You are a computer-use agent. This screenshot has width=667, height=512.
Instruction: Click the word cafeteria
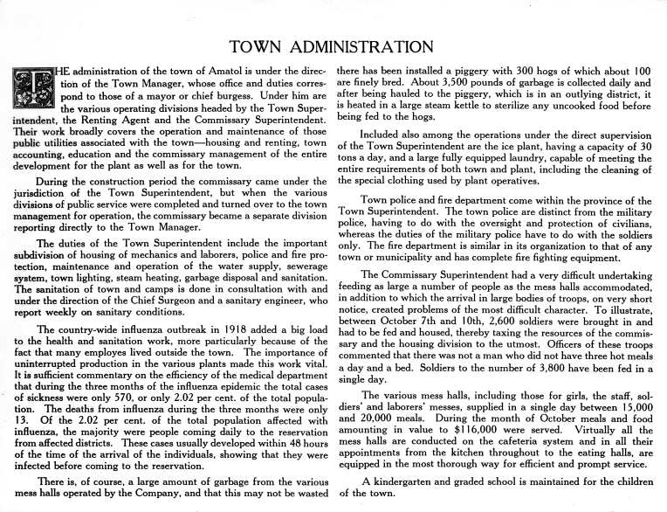tap(505, 457)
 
